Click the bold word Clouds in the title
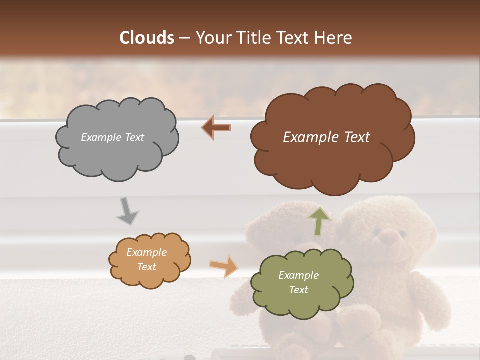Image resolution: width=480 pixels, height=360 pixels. [147, 38]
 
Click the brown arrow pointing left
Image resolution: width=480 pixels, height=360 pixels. [216, 128]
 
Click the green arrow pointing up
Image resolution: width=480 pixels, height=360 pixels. [319, 221]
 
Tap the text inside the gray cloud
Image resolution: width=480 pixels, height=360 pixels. [112, 137]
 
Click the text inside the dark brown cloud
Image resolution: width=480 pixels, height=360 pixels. [326, 137]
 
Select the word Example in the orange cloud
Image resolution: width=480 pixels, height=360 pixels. [146, 252]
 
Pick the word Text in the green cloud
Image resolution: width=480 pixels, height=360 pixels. [298, 290]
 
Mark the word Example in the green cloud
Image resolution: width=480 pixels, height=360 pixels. [298, 275]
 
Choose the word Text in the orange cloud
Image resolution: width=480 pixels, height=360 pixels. [146, 267]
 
